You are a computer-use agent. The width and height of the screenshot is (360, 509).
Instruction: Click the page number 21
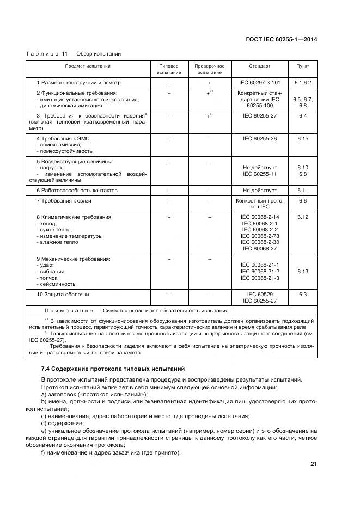point(313,464)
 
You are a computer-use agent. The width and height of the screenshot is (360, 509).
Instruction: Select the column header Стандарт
point(259,66)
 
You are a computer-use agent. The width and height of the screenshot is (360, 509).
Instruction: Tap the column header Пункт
point(303,66)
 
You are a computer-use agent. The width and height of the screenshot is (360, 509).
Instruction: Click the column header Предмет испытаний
point(88,66)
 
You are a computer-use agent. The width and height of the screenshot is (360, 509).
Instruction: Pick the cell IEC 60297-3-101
point(259,83)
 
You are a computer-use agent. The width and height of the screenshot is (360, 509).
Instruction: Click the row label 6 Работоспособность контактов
point(77,191)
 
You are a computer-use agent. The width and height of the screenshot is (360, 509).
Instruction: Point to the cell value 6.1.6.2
point(303,83)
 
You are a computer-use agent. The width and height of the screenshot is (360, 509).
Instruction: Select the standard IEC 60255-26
point(259,139)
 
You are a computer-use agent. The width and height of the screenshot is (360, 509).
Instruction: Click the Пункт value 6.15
point(303,139)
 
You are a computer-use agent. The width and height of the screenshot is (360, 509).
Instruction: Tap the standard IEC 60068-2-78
point(259,236)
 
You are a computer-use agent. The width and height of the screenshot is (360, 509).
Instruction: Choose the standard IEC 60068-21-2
point(259,271)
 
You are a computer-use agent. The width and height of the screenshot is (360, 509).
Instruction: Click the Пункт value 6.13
point(303,271)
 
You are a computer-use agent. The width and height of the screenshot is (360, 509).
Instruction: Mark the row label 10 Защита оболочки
point(63,294)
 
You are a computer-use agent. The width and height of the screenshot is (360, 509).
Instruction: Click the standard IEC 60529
point(259,294)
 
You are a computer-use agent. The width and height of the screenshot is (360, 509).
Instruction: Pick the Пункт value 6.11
point(303,191)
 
